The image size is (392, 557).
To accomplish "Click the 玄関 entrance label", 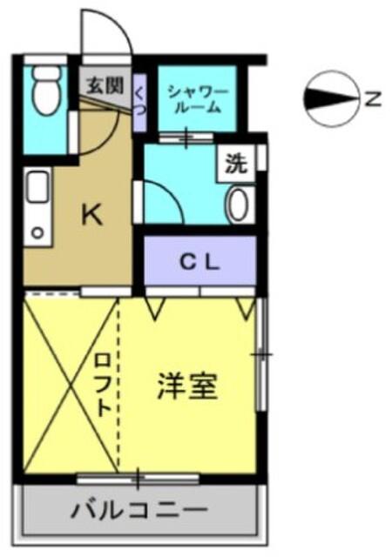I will click(x=105, y=86).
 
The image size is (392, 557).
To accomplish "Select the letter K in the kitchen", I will click(x=91, y=214).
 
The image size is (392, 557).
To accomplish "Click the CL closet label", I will click(x=201, y=262).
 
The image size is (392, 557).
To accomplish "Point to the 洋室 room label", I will click(x=186, y=386).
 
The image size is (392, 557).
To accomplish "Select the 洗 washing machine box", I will click(x=236, y=162).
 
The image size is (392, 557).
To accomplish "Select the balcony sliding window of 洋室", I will click(x=137, y=477).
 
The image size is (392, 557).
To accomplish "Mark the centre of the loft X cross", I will click(x=70, y=383).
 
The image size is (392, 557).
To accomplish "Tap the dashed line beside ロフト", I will click(x=118, y=383).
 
